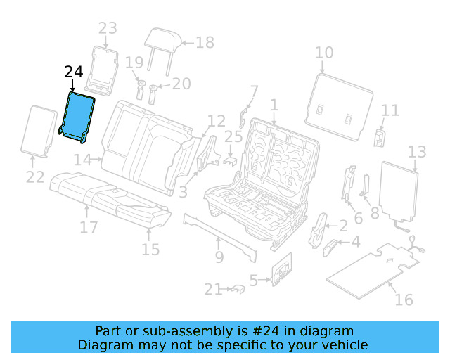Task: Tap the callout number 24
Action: tap(73, 72)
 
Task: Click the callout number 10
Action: tap(324, 53)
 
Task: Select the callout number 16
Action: tap(403, 300)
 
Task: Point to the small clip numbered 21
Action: tap(236, 288)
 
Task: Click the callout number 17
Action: tap(88, 227)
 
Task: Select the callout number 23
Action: tap(107, 29)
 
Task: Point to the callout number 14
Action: tap(82, 160)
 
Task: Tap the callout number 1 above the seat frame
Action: tap(274, 105)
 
